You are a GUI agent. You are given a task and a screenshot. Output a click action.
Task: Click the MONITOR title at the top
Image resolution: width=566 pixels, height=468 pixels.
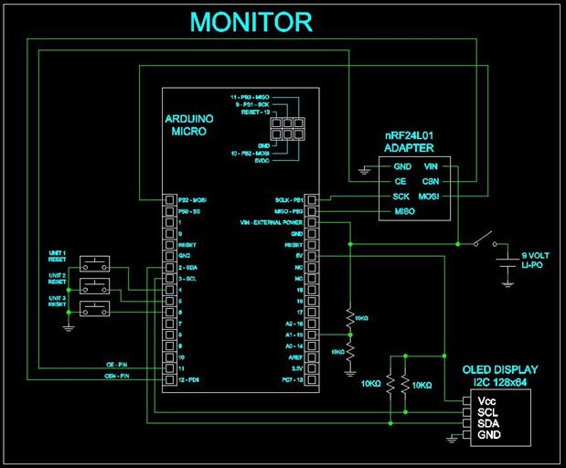click(x=251, y=22)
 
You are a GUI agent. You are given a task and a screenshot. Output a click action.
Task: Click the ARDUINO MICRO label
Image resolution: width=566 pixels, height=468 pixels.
click(x=191, y=126)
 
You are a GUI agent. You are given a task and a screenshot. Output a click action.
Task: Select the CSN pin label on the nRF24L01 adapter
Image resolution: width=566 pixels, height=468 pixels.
click(x=432, y=182)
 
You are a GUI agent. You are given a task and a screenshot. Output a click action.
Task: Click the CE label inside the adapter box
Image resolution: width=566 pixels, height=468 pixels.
click(x=400, y=182)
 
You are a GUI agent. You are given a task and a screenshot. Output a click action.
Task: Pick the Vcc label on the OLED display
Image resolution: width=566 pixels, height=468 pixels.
click(x=486, y=400)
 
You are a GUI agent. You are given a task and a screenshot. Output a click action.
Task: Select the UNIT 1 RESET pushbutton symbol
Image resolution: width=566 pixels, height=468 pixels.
click(x=93, y=264)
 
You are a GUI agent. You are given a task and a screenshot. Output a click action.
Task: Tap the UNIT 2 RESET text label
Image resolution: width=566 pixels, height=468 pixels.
click(x=59, y=278)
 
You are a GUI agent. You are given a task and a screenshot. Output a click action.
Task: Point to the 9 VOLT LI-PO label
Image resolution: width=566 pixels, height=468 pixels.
click(x=534, y=260)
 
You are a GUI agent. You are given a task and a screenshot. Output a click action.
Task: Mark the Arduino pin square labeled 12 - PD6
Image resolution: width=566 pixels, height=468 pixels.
click(x=168, y=379)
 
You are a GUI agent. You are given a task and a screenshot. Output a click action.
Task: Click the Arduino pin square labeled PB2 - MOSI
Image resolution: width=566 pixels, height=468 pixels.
click(x=168, y=199)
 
